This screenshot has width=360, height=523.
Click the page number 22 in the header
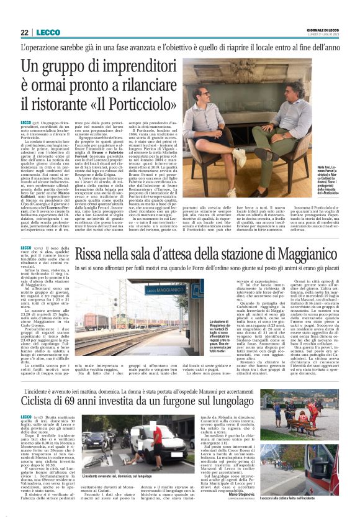click(x=24, y=32)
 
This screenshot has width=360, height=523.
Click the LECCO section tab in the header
click(x=48, y=32)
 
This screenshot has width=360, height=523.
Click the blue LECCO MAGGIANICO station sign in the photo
click(x=165, y=289)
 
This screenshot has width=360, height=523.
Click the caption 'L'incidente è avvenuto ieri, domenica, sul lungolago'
click(x=124, y=476)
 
